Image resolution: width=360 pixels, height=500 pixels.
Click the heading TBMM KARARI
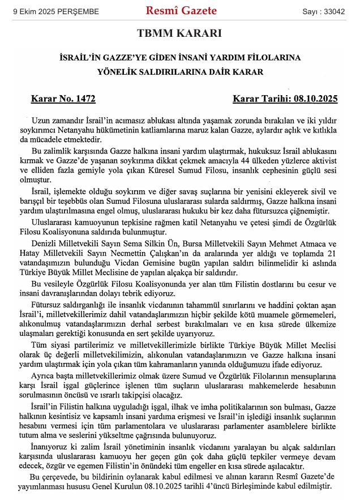[179, 33]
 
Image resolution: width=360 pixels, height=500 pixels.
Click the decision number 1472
[84, 99]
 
